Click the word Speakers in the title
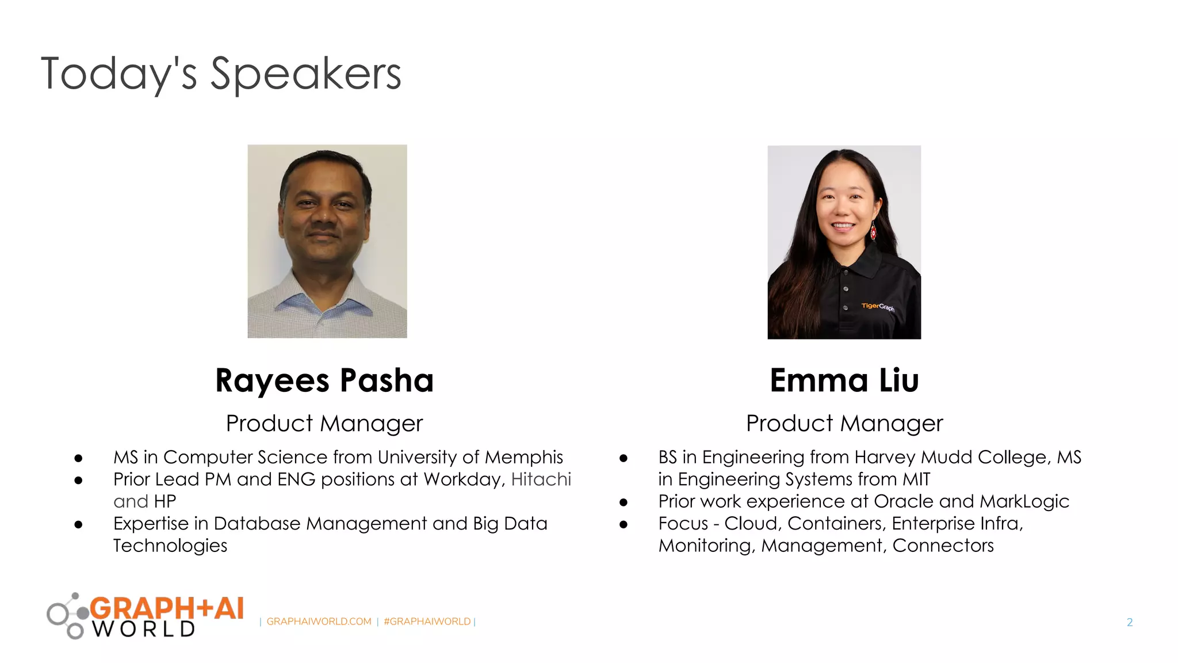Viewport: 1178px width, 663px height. (305, 75)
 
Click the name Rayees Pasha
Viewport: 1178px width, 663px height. (324, 380)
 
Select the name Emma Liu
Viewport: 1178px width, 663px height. (844, 380)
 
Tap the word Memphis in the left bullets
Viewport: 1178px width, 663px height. (523, 457)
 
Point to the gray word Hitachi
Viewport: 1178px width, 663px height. (541, 479)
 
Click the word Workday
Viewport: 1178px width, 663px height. (464, 479)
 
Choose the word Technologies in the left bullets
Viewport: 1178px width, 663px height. (170, 546)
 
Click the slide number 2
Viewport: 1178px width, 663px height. (1130, 622)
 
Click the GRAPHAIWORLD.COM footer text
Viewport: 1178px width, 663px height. (319, 622)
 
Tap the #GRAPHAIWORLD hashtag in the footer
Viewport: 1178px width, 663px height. (427, 622)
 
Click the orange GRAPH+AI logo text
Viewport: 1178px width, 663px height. (167, 608)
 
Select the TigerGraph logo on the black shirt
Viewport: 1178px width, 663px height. (878, 307)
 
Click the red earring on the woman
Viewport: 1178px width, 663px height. (873, 233)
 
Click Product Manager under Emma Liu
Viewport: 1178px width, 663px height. (844, 424)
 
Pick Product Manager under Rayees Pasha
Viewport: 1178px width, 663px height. (324, 424)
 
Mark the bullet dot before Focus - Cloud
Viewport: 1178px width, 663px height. (624, 524)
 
